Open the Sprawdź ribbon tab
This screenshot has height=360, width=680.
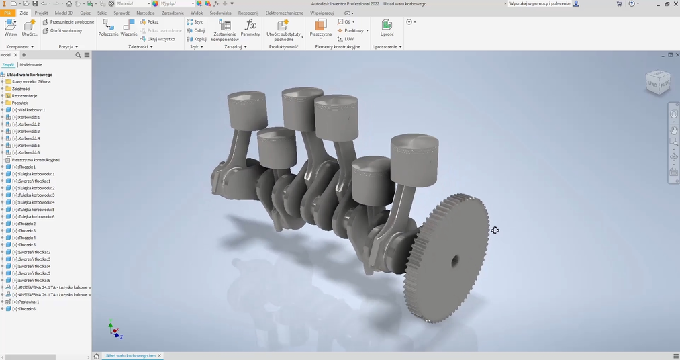point(122,13)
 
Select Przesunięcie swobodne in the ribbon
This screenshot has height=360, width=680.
point(68,21)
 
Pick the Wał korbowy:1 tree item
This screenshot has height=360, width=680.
point(28,110)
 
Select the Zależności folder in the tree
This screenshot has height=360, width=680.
point(21,89)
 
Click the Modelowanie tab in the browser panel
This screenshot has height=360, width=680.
point(31,65)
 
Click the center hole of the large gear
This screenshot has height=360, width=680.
point(454,261)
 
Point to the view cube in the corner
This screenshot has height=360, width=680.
point(657,82)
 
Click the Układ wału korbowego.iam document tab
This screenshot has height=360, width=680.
point(130,355)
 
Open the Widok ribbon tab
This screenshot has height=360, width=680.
point(197,13)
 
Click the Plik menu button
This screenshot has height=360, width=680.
point(7,13)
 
